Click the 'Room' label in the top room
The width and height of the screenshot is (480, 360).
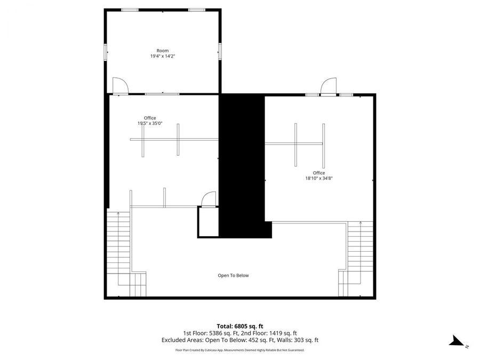162,51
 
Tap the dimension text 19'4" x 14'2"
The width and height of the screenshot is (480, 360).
162,56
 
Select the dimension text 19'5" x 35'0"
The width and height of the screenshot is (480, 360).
150,123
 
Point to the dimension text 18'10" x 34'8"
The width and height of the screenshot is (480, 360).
319,179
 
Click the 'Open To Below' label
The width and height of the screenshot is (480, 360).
233,276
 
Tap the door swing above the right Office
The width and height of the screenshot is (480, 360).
327,86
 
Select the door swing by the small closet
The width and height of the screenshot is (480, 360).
208,198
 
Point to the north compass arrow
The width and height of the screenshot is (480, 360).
457,341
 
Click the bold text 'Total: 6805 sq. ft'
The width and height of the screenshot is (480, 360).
239,326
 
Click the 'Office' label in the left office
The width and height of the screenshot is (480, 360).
150,118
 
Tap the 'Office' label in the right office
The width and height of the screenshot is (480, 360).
319,173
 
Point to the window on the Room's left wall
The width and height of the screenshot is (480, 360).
106,52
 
